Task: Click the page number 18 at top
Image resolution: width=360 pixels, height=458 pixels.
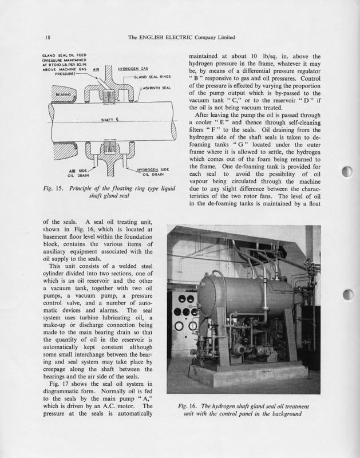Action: [x=49, y=38]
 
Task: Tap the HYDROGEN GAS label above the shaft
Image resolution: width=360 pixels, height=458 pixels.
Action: [x=133, y=69]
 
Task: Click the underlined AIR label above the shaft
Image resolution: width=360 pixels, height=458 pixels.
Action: [x=96, y=69]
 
